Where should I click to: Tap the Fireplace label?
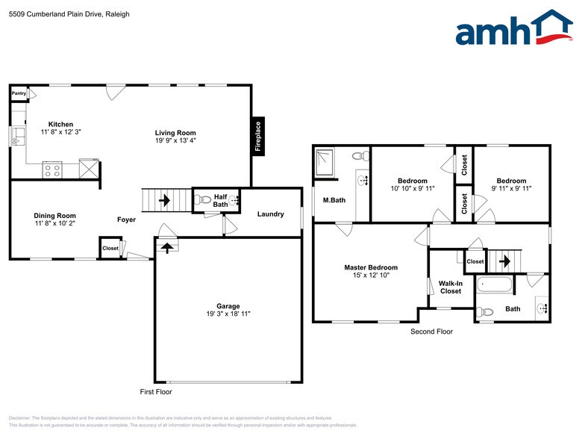[258, 137]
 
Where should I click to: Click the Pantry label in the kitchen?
[19, 93]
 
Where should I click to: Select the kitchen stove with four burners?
[52, 169]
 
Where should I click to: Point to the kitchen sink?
[18, 137]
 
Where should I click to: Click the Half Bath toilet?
[202, 200]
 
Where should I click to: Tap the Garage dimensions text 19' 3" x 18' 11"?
[228, 314]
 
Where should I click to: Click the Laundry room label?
[270, 214]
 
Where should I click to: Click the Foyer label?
[126, 219]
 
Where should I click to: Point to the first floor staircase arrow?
[164, 200]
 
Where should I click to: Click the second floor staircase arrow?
[504, 261]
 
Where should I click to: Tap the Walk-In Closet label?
[450, 287]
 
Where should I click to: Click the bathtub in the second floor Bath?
[495, 284]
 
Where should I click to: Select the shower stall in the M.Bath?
[325, 163]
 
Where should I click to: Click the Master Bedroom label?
[370, 267]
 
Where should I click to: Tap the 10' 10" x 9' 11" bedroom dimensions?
[412, 189]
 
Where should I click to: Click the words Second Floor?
[431, 331]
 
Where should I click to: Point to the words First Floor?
[156, 392]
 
